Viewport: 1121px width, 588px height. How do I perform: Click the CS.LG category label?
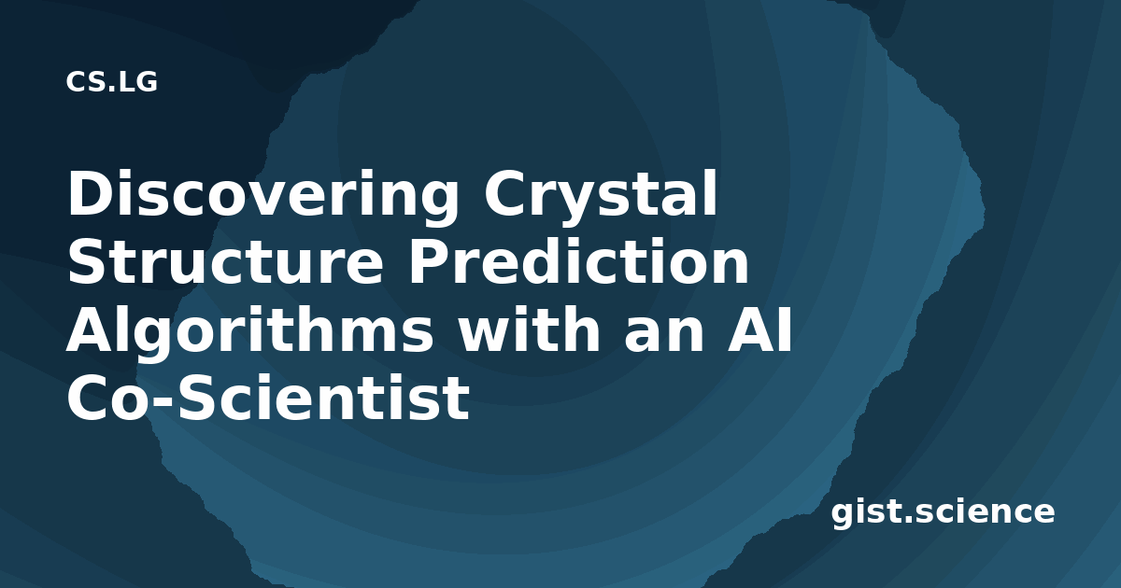click(x=111, y=82)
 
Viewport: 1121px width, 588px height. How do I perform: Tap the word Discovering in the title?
click(x=263, y=194)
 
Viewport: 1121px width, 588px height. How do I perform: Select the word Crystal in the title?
click(x=601, y=194)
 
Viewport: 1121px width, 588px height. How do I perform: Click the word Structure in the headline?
click(x=225, y=262)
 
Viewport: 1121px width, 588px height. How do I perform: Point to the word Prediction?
click(x=578, y=260)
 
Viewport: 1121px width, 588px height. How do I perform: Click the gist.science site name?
click(x=943, y=513)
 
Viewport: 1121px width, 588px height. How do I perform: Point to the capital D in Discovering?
click(x=93, y=194)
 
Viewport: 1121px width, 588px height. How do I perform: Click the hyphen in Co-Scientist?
click(x=161, y=401)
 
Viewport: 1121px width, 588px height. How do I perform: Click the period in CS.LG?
click(x=111, y=89)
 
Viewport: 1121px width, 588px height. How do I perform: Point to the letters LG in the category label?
click(x=138, y=82)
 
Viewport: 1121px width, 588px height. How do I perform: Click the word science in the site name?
click(x=985, y=511)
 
